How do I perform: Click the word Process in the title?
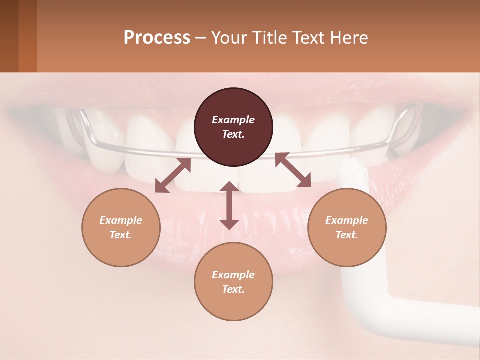157,38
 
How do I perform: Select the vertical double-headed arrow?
229,205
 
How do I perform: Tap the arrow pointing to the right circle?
293,170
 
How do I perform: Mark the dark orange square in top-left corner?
27,36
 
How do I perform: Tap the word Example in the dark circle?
233,120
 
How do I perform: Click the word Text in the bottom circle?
233,289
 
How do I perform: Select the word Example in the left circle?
121,220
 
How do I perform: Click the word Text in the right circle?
347,235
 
